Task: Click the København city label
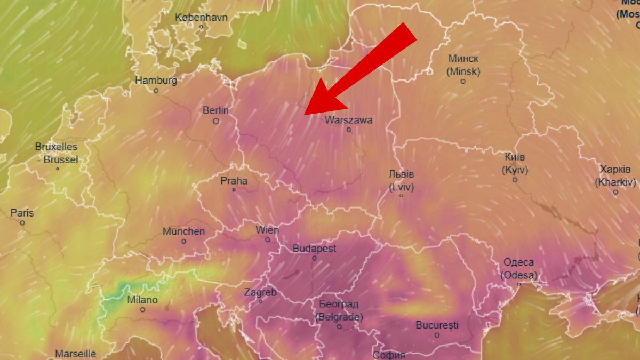click(x=201, y=18)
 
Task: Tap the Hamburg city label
click(x=156, y=81)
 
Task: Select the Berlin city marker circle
click(x=216, y=121)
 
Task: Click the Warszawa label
click(x=349, y=120)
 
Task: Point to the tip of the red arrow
click(x=305, y=114)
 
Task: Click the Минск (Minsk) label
click(x=463, y=65)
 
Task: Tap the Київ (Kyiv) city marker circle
click(x=515, y=180)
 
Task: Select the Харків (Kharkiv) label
click(x=615, y=175)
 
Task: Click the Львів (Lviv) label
click(x=402, y=180)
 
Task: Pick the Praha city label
click(x=234, y=181)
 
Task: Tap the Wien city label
click(x=267, y=230)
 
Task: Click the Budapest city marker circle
click(x=314, y=258)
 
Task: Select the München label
click(x=183, y=231)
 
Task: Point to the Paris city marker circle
click(x=22, y=223)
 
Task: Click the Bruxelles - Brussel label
click(x=57, y=153)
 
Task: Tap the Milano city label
click(x=142, y=300)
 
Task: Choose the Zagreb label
click(x=260, y=292)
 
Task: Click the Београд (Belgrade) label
click(x=339, y=310)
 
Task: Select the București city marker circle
click(x=437, y=335)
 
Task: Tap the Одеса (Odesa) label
click(x=519, y=269)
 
